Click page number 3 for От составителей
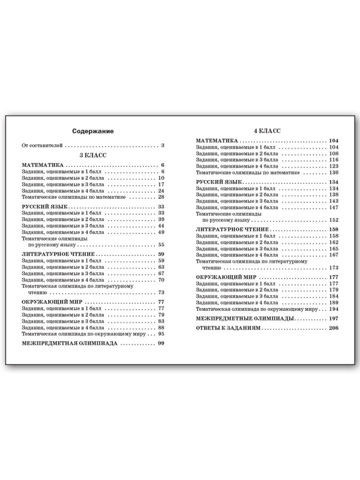162,145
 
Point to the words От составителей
41,145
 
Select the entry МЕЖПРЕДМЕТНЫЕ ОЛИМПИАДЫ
245,319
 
